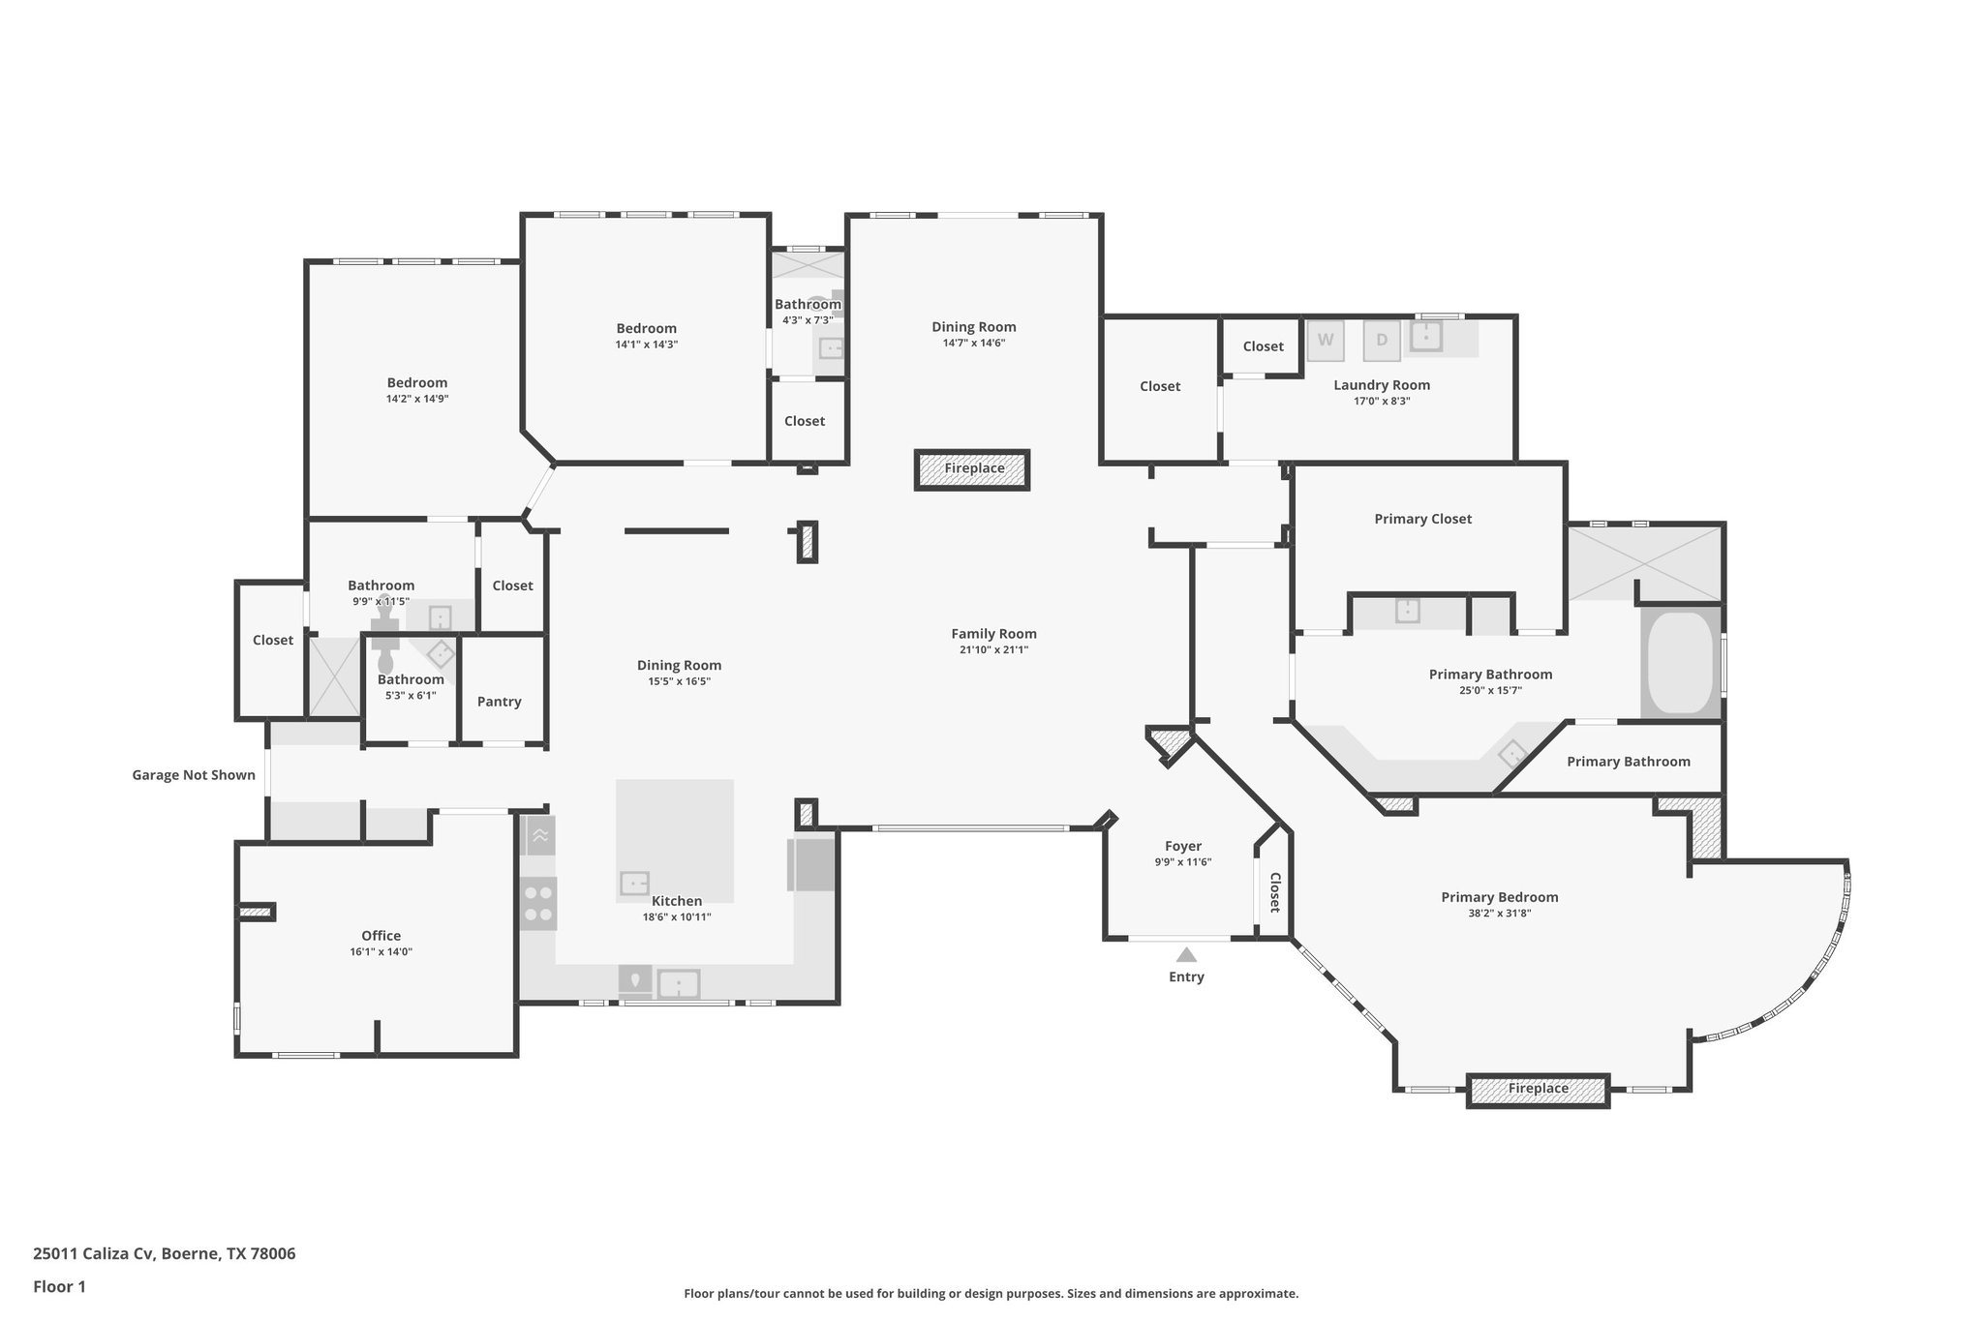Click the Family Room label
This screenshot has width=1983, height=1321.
pyautogui.click(x=993, y=634)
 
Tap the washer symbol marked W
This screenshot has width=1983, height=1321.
pyautogui.click(x=1326, y=340)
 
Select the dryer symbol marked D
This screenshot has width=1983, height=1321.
pyautogui.click(x=1382, y=340)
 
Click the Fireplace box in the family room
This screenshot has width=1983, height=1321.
pyautogui.click(x=973, y=469)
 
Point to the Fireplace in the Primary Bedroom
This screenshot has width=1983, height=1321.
pyautogui.click(x=1538, y=1090)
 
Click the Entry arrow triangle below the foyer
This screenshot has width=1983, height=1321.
pyautogui.click(x=1186, y=955)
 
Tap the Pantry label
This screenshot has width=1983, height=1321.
pyautogui.click(x=499, y=702)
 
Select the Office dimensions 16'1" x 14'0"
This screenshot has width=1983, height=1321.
pyautogui.click(x=381, y=951)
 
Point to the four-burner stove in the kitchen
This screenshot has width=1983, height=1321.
pyautogui.click(x=538, y=903)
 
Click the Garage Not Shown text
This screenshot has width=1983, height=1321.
pyautogui.click(x=194, y=775)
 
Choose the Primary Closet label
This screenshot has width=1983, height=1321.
pyautogui.click(x=1422, y=519)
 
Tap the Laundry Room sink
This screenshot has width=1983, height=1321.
pyautogui.click(x=1425, y=336)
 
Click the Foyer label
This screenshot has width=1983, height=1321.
pyautogui.click(x=1182, y=846)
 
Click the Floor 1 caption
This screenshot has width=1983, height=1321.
pyautogui.click(x=59, y=1286)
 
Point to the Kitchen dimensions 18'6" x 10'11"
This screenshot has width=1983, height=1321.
pyautogui.click(x=676, y=916)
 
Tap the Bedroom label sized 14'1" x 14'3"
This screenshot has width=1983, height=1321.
pyautogui.click(x=646, y=328)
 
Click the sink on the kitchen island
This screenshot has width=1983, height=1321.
pyautogui.click(x=634, y=883)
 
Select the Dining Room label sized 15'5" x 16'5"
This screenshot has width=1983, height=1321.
pyautogui.click(x=679, y=665)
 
